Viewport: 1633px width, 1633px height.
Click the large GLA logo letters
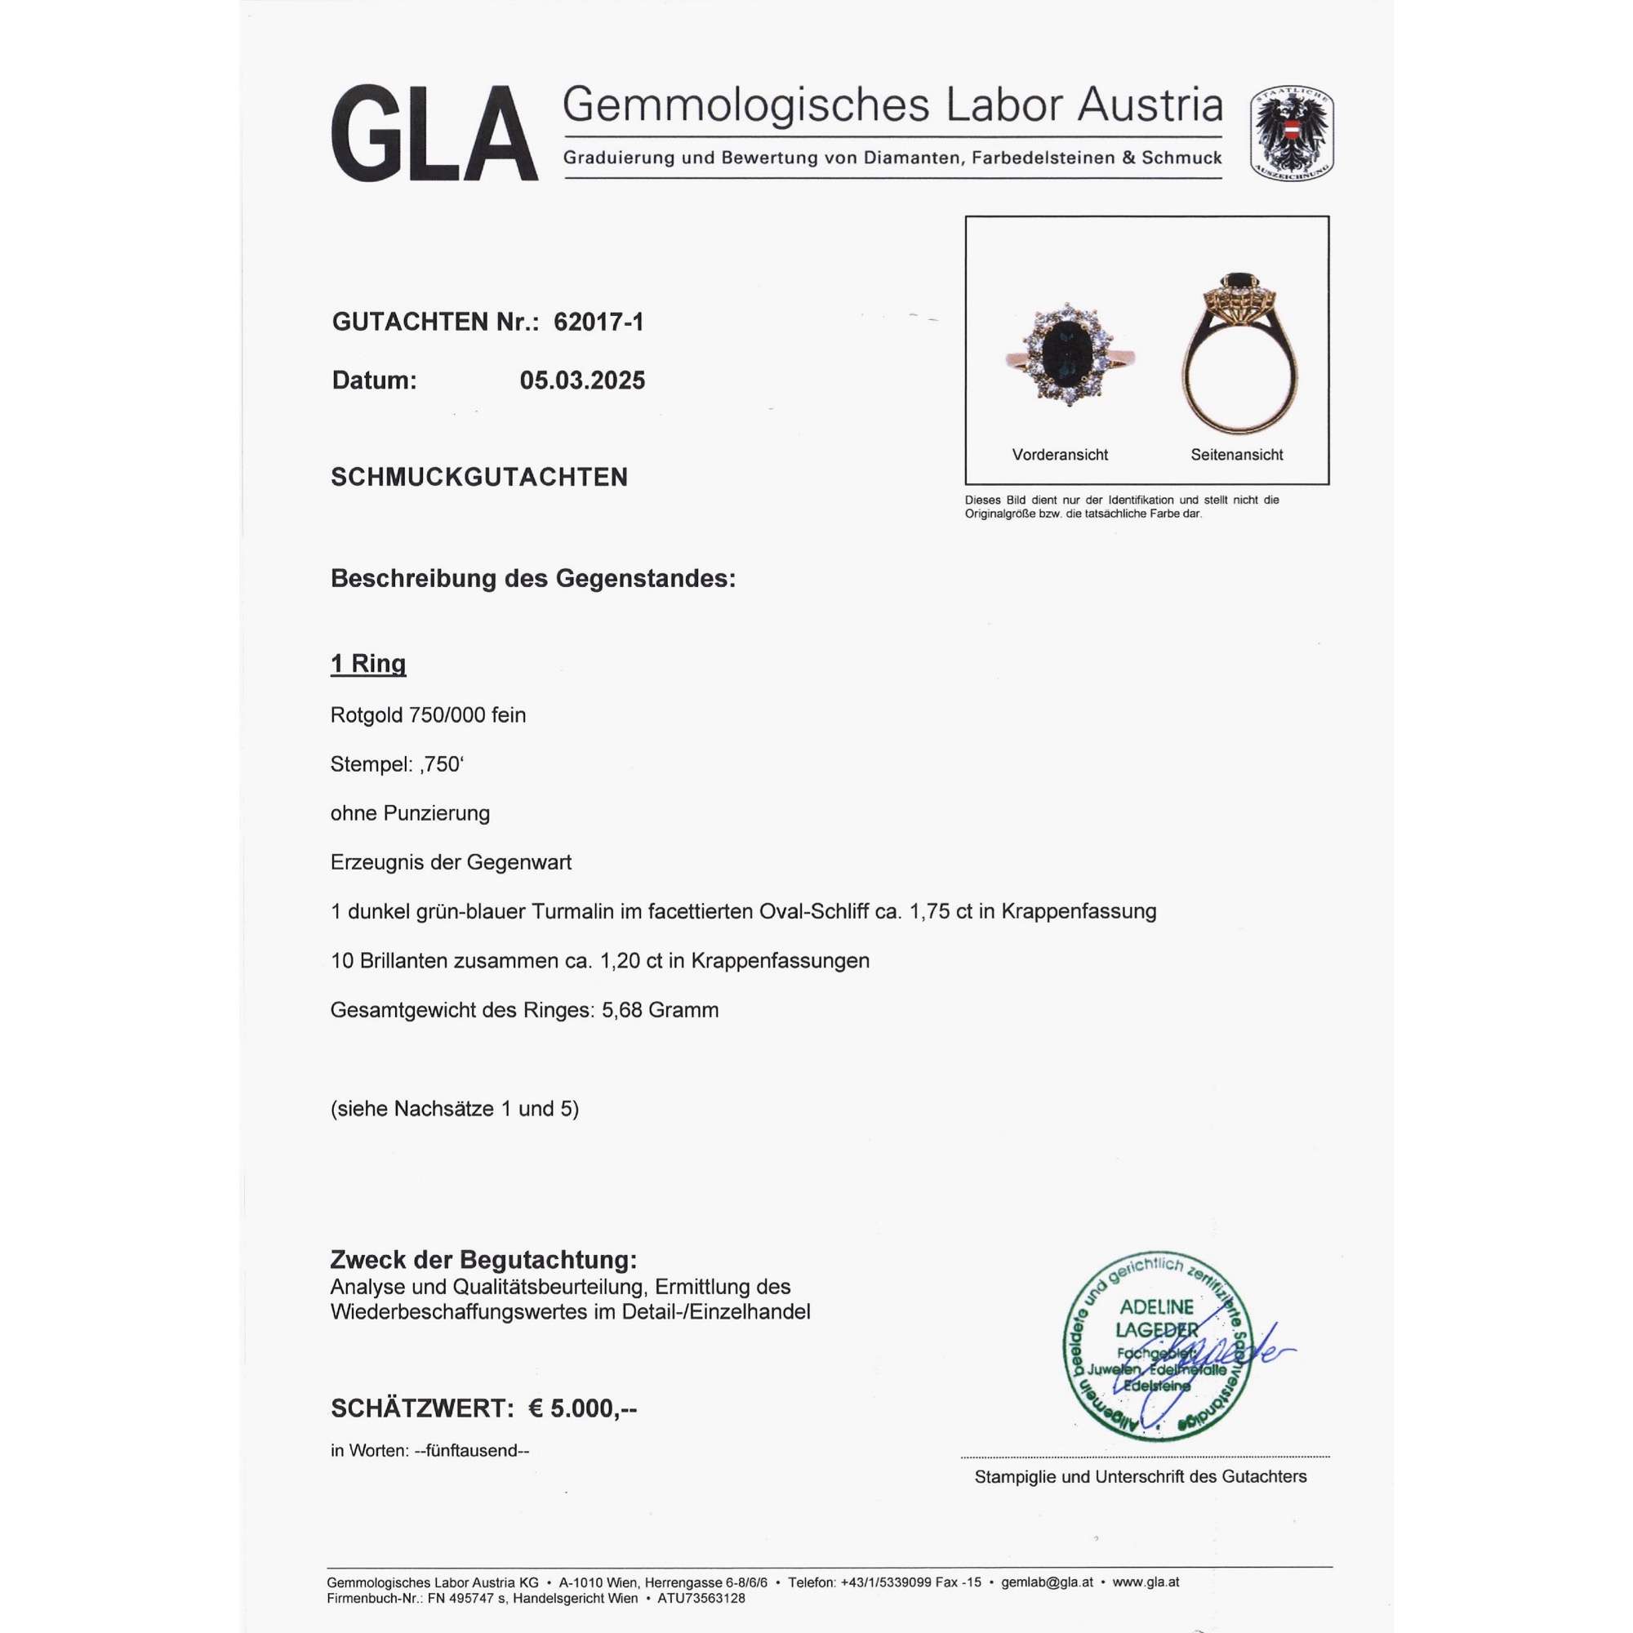click(x=434, y=133)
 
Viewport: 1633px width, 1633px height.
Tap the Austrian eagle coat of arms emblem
click(x=1293, y=134)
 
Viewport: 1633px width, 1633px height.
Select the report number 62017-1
click(x=598, y=322)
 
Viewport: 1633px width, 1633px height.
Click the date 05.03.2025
click(x=582, y=380)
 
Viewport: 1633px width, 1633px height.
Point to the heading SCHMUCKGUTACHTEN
click(x=479, y=478)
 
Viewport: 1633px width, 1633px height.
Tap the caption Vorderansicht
click(x=1060, y=455)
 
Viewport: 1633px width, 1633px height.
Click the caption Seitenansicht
click(x=1236, y=455)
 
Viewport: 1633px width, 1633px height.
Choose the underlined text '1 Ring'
click(x=368, y=664)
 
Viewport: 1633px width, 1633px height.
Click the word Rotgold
click(x=367, y=715)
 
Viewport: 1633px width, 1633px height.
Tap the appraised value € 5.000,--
click(x=582, y=1408)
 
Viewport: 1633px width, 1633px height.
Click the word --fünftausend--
click(x=472, y=1450)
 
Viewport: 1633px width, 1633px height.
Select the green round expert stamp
click(x=1157, y=1346)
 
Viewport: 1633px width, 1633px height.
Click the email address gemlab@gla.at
click(x=1047, y=1582)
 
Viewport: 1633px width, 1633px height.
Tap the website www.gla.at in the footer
click(x=1146, y=1582)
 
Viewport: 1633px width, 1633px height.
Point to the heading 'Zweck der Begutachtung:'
click(x=483, y=1260)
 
